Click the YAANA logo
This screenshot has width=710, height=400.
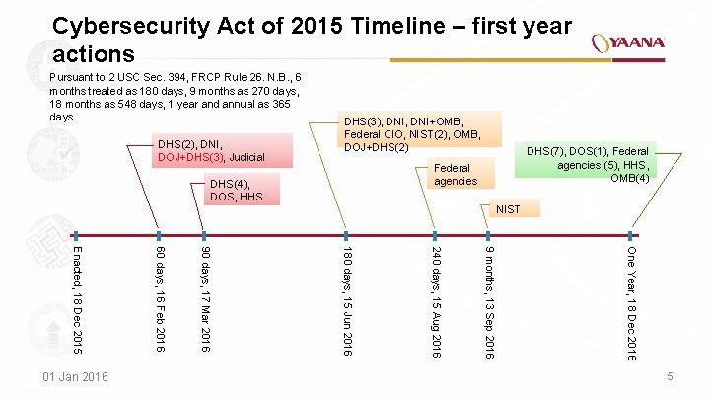coord(628,43)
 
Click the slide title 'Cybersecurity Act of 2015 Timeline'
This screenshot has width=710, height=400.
coord(312,39)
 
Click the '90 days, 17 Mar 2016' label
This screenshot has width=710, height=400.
coord(204,295)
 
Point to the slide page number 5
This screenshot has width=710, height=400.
coord(669,377)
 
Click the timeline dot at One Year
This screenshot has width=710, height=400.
coord(631,235)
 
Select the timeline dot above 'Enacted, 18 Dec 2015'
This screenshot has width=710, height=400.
coord(80,235)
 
